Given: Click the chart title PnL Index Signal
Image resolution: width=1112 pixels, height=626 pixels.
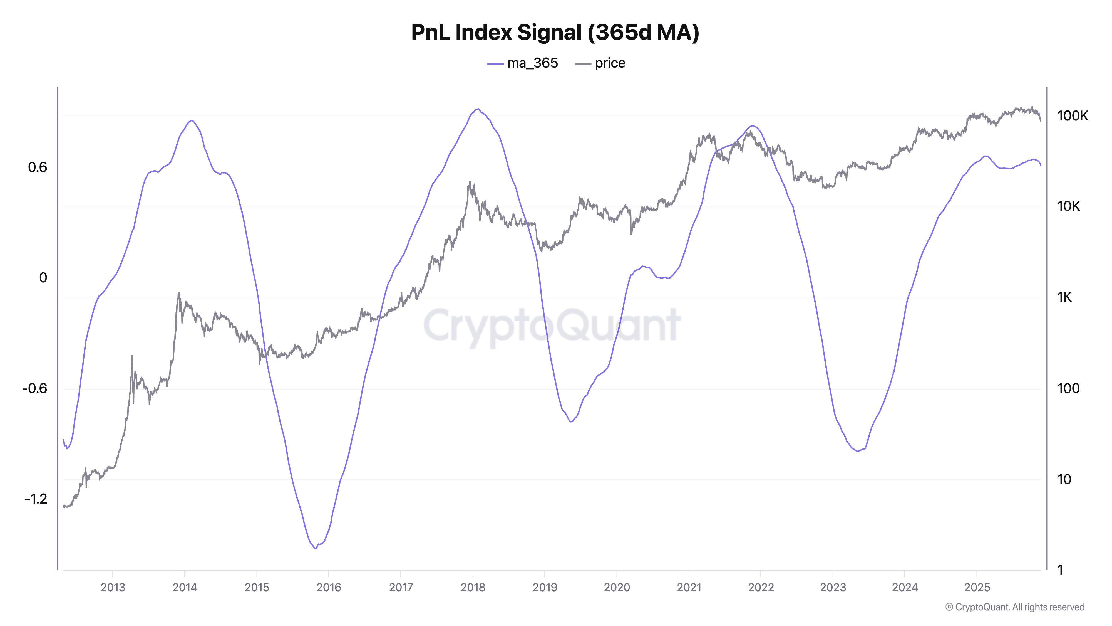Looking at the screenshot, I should pos(555,32).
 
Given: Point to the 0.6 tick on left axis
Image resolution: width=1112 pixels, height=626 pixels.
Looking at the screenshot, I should pos(38,167).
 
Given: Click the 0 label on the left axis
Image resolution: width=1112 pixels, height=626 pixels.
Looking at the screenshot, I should pos(43,278).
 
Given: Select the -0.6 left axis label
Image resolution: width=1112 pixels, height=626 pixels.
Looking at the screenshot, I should pos(34,388).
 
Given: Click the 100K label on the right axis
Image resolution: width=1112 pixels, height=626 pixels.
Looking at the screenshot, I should pos(1072,116).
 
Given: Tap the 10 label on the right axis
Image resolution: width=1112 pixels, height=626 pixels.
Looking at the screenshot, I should pos(1064,479).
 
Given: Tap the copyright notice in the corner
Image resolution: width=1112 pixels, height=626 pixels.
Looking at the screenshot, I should pos(1014,607).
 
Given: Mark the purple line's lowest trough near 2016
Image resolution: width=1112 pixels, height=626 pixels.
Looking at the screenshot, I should pos(315,548).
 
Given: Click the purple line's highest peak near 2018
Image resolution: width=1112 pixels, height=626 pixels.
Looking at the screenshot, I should pos(477,109).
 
